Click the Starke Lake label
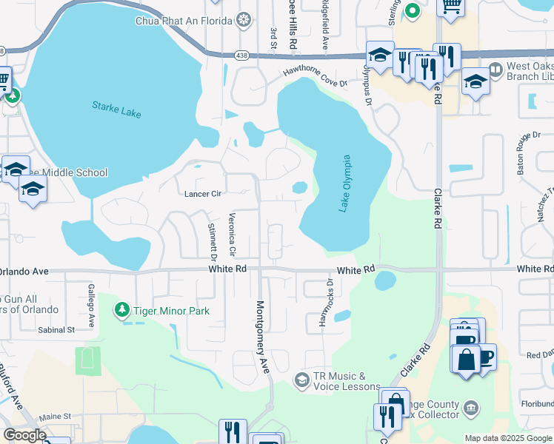[116, 110]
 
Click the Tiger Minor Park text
[170, 312]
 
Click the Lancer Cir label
[203, 195]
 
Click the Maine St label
[55, 417]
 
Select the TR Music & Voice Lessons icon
[301, 380]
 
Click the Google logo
[24, 435]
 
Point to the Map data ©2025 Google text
[507, 438]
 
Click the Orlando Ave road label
[25, 272]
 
